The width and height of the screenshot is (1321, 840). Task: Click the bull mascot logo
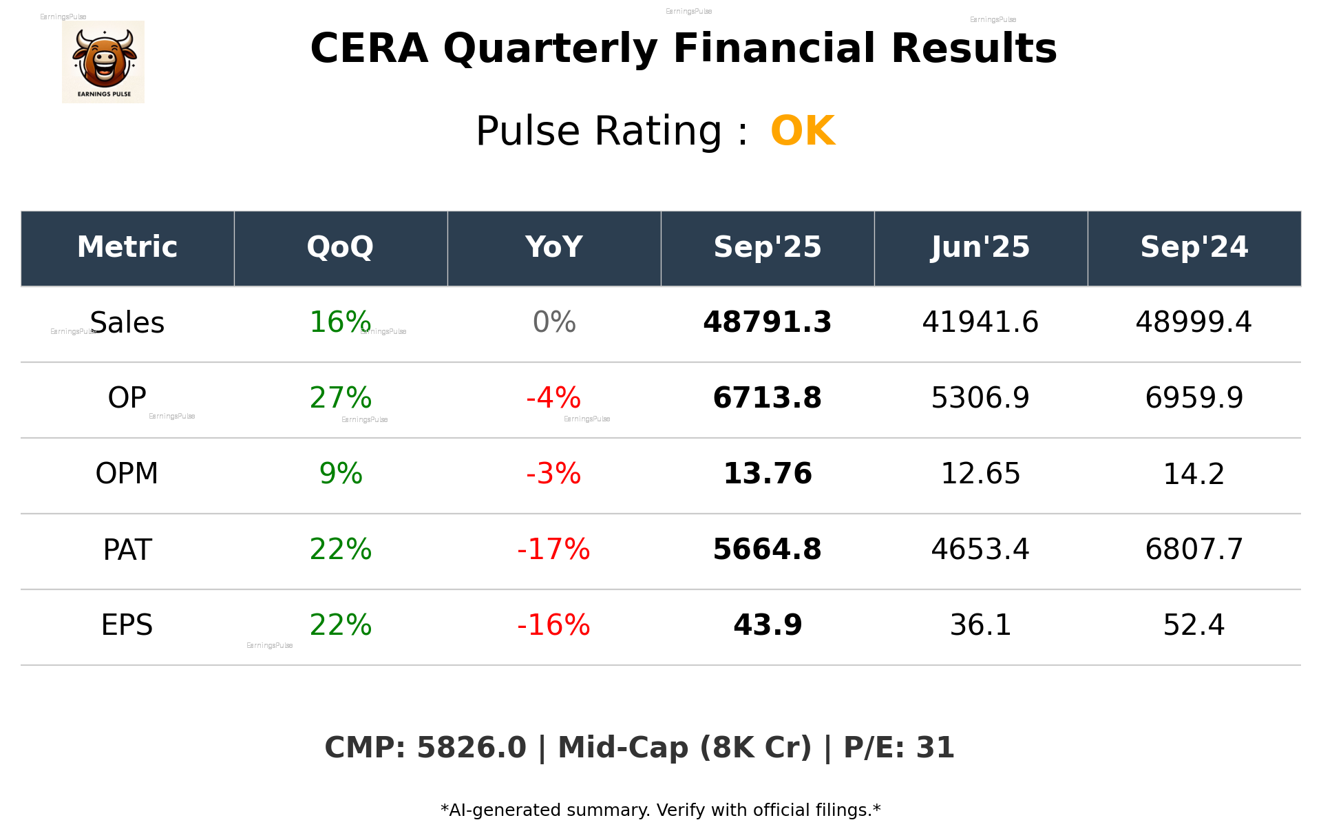click(x=103, y=61)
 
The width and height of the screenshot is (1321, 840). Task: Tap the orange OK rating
click(x=803, y=131)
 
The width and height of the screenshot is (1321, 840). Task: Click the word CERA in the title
click(x=369, y=49)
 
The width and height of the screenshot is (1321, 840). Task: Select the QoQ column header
click(x=340, y=247)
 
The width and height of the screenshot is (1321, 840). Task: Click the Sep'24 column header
click(x=1194, y=247)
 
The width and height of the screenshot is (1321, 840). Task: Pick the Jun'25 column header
click(x=980, y=247)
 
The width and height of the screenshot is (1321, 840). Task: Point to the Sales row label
click(x=127, y=323)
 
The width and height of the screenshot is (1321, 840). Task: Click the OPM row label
click(x=127, y=474)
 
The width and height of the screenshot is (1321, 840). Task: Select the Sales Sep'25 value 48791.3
click(x=767, y=323)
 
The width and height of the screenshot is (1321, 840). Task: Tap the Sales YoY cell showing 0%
click(x=554, y=323)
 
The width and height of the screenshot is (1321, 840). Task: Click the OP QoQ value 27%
click(x=340, y=398)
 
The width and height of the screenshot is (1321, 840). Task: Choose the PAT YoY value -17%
click(x=553, y=549)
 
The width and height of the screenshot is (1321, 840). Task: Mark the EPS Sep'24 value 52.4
click(x=1194, y=625)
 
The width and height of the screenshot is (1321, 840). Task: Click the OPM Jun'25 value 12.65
click(x=980, y=474)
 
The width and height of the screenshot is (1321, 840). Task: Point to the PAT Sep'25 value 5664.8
click(x=767, y=549)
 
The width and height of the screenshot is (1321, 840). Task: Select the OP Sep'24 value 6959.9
click(x=1194, y=398)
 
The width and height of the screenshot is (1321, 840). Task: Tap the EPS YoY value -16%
click(x=553, y=625)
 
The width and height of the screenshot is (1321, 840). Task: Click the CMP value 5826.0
click(x=472, y=748)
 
